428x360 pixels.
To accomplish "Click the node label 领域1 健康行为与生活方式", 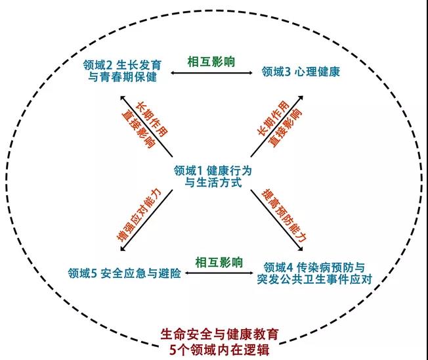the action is [x=213, y=176].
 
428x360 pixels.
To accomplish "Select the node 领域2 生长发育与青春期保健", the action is [x=122, y=71].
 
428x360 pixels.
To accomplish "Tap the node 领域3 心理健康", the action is [x=301, y=72].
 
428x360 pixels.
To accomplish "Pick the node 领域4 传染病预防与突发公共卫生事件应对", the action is [x=314, y=273].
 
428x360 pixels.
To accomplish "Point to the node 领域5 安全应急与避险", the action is [x=125, y=273].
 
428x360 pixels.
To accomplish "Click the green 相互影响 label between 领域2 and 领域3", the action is [x=211, y=62].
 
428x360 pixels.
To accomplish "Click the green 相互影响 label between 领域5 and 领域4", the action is [x=219, y=263].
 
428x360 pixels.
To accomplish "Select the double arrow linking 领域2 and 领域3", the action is [x=212, y=73].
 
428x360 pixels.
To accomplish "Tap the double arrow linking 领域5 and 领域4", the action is [x=219, y=273].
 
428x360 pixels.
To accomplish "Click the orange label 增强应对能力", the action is [x=139, y=215].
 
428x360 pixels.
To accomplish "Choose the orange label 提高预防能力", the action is [x=284, y=215].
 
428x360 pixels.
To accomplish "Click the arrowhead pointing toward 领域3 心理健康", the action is [x=301, y=97].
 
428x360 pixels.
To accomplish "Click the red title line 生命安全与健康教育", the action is [x=220, y=334].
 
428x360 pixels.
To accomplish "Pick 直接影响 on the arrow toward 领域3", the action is [x=286, y=127].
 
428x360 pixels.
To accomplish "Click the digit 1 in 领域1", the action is [x=200, y=171].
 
